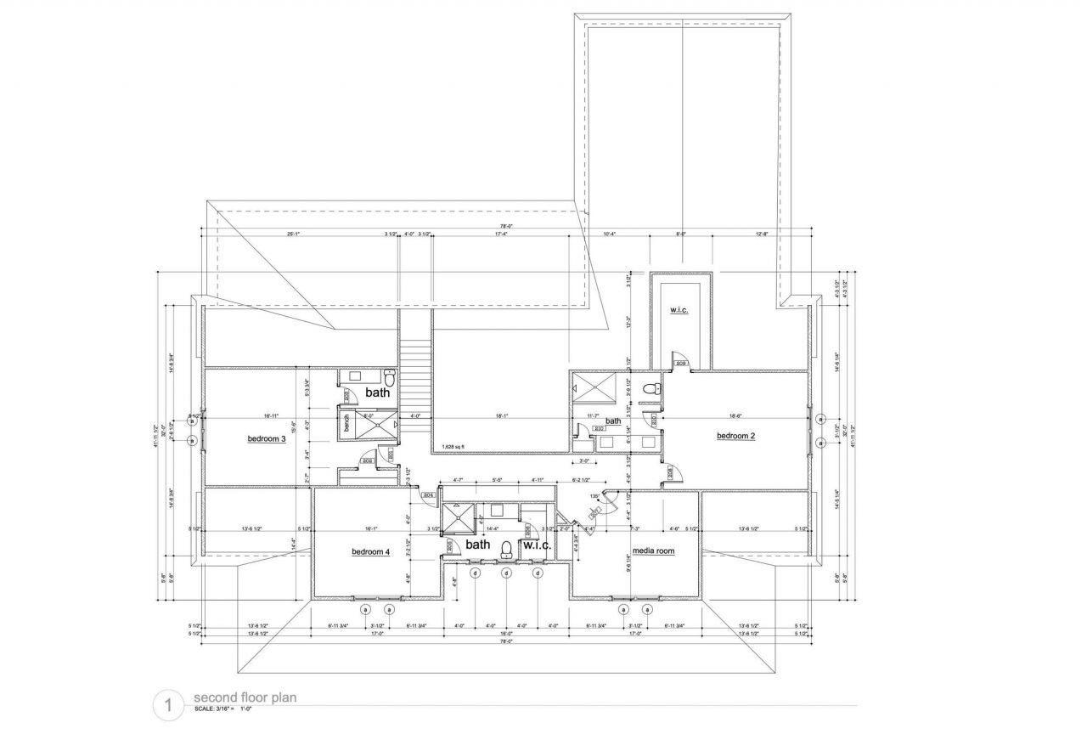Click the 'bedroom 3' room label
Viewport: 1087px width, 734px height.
click(x=266, y=438)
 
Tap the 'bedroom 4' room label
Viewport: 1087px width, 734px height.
click(x=370, y=552)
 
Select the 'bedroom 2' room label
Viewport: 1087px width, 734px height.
click(x=735, y=436)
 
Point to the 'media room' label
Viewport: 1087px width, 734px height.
click(x=653, y=550)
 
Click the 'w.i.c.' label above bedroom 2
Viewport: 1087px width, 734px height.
click(x=678, y=310)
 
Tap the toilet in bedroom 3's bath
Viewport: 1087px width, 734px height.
click(x=390, y=377)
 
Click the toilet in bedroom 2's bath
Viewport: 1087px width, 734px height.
click(x=651, y=389)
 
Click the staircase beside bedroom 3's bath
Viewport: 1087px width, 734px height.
click(x=415, y=374)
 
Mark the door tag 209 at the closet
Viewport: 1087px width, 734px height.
click(x=681, y=364)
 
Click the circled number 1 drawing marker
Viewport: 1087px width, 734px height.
click(x=168, y=705)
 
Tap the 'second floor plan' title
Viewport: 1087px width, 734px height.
click(x=244, y=698)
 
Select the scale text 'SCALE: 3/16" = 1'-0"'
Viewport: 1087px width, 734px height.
click(x=226, y=709)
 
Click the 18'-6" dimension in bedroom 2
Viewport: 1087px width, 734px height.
click(x=735, y=415)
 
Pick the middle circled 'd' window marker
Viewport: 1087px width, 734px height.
click(x=506, y=573)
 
